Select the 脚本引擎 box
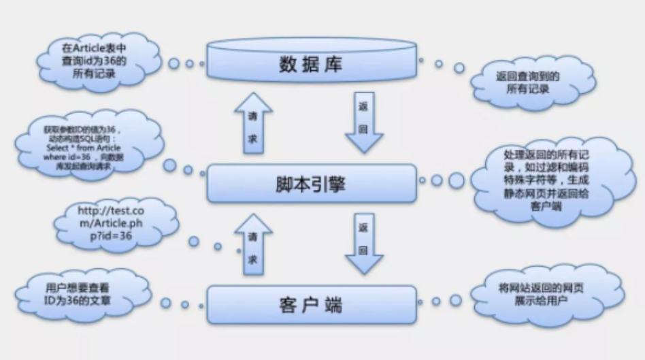(x=311, y=182)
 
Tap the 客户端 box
(x=311, y=304)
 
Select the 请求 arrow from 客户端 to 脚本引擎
(x=252, y=244)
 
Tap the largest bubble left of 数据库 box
(x=174, y=63)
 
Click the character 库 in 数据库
(x=334, y=65)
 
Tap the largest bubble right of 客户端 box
(x=456, y=300)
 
